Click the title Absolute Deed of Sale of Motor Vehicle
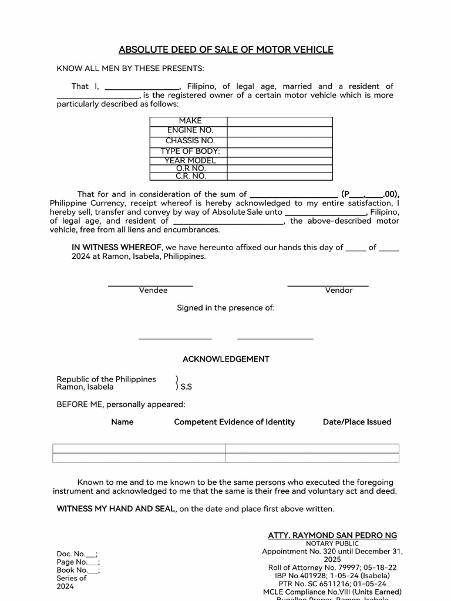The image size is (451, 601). pyautogui.click(x=225, y=50)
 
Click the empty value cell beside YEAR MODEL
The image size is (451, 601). pyautogui.click(x=280, y=160)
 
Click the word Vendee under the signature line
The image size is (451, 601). pyautogui.click(x=153, y=291)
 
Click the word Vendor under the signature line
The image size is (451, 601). pyautogui.click(x=339, y=291)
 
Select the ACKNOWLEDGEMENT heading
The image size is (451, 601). pyautogui.click(x=225, y=359)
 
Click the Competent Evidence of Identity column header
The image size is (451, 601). pyautogui.click(x=234, y=422)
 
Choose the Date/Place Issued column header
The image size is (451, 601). pyautogui.click(x=356, y=422)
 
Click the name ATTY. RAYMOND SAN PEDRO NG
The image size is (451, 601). pyautogui.click(x=332, y=535)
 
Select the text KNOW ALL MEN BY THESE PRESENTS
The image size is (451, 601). pyautogui.click(x=130, y=69)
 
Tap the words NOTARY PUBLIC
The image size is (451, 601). pyautogui.click(x=332, y=543)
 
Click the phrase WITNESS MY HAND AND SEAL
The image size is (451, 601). pyautogui.click(x=116, y=509)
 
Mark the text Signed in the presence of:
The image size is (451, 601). pyautogui.click(x=225, y=308)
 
